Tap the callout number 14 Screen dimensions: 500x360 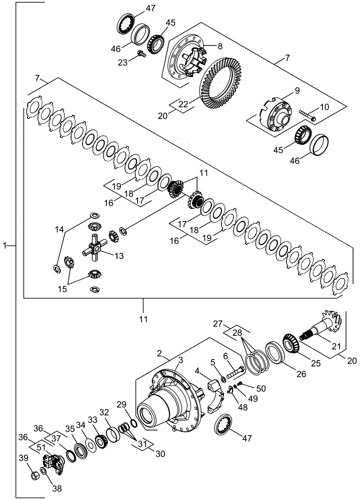[60, 229]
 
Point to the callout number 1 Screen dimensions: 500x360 [5, 245]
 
